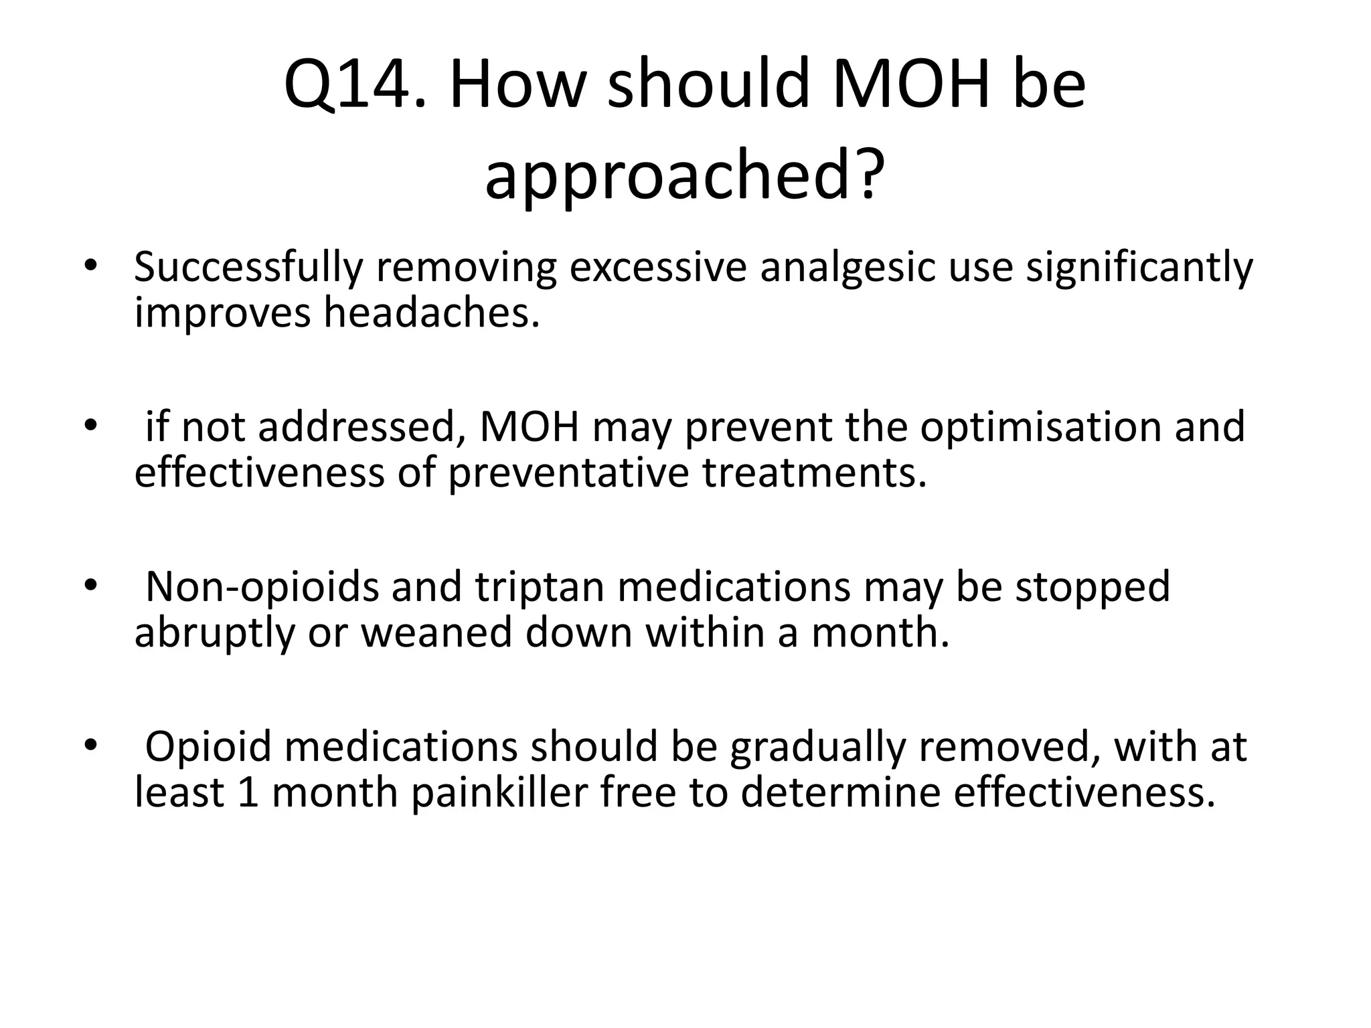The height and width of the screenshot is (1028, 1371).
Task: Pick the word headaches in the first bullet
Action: click(x=431, y=313)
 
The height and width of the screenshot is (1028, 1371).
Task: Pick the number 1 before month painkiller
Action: click(x=248, y=792)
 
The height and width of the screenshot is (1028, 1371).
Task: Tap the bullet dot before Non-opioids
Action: click(x=91, y=586)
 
